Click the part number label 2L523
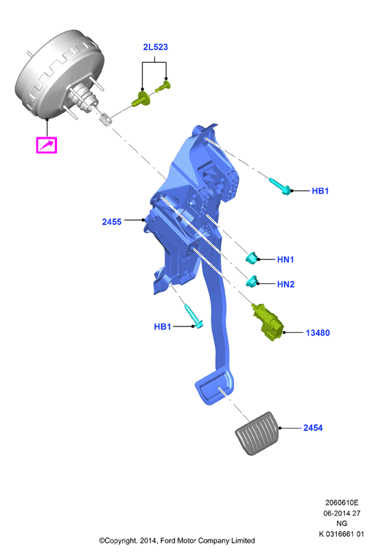click(155, 47)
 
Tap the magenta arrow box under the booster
click(47, 145)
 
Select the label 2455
click(112, 222)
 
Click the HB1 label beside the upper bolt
click(320, 191)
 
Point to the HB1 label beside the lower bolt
click(163, 326)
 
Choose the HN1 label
click(285, 260)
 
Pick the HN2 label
click(286, 284)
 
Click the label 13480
click(317, 333)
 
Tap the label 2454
click(313, 428)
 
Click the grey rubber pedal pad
click(257, 433)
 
